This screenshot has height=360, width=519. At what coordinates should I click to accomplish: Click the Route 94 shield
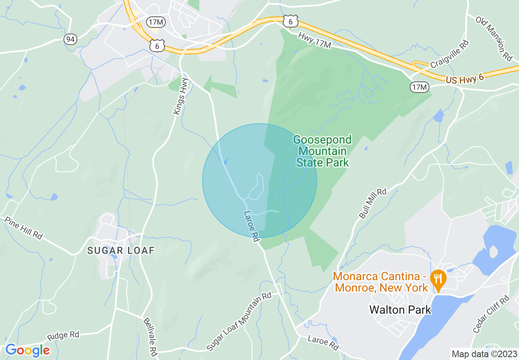(x=70, y=39)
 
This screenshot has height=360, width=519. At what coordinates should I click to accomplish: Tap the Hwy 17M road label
(x=314, y=41)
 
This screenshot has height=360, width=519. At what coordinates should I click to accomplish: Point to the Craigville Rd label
(x=449, y=54)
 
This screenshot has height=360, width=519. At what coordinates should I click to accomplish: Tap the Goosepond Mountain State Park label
(x=322, y=151)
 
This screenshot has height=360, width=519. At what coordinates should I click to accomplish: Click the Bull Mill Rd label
(x=372, y=203)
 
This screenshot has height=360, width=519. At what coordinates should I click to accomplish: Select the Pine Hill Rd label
(x=24, y=228)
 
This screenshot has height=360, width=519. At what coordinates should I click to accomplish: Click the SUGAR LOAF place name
(x=121, y=250)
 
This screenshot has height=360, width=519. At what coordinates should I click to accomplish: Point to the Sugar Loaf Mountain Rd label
(x=239, y=321)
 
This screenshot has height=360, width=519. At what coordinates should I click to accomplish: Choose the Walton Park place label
(x=400, y=310)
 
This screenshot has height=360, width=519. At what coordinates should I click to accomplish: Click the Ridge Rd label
(x=63, y=335)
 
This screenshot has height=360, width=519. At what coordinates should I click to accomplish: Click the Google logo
(x=27, y=350)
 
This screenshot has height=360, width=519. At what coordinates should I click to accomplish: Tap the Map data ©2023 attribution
(x=483, y=354)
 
